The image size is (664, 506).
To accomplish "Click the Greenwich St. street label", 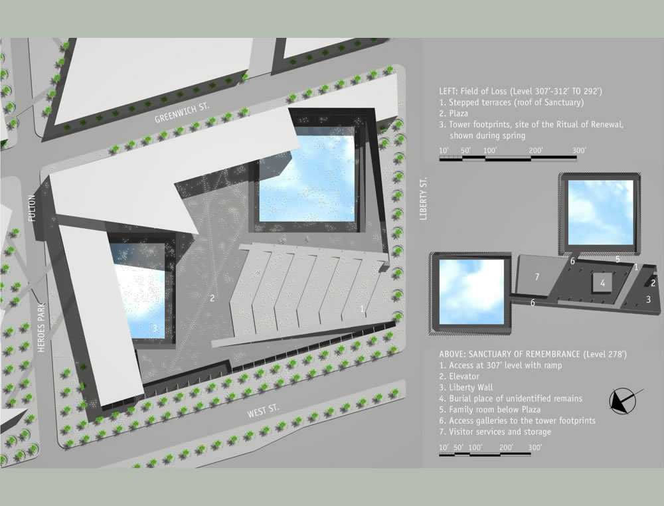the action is [x=182, y=113].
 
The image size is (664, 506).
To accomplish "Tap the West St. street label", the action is [x=263, y=411].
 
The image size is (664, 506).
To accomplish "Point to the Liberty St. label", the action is [x=423, y=199].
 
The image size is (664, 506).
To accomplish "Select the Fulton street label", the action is [x=32, y=208].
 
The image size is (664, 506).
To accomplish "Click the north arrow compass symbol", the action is [x=623, y=400].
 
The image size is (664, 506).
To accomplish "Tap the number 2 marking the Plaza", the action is [x=212, y=298].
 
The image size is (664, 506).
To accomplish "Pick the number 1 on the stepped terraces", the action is [x=362, y=309].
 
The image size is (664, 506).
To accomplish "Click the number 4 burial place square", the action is [x=602, y=284].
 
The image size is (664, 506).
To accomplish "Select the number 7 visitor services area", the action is [x=537, y=276].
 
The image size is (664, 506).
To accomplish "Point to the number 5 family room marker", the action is [x=618, y=259].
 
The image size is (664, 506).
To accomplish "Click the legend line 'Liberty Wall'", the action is [x=466, y=387].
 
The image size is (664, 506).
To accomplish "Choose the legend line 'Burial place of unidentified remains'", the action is [x=510, y=398].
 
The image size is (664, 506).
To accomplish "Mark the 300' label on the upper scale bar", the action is [x=579, y=150].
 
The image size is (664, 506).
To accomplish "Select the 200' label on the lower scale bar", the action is [x=506, y=448].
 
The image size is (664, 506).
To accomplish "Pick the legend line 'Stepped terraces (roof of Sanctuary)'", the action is [x=511, y=102].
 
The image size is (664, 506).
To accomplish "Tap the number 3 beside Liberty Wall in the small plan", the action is [x=648, y=299].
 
